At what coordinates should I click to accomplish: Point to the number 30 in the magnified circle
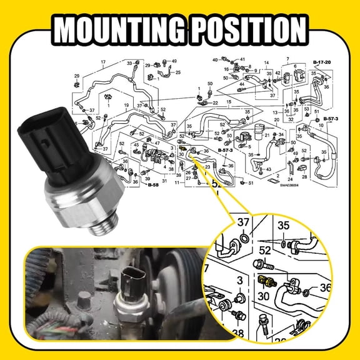(263, 296)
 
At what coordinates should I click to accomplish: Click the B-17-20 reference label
(322, 64)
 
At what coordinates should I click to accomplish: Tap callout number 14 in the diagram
(266, 64)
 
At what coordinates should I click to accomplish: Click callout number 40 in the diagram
(214, 59)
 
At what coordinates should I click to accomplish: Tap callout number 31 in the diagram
(165, 182)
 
